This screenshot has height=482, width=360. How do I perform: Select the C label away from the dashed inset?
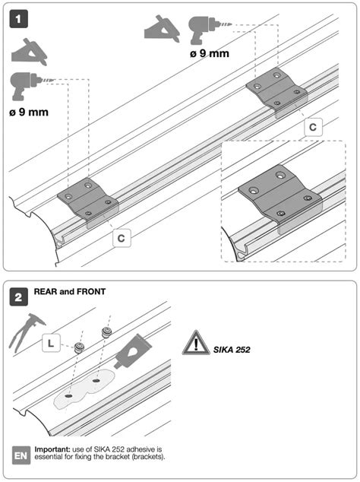pos(122,238)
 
